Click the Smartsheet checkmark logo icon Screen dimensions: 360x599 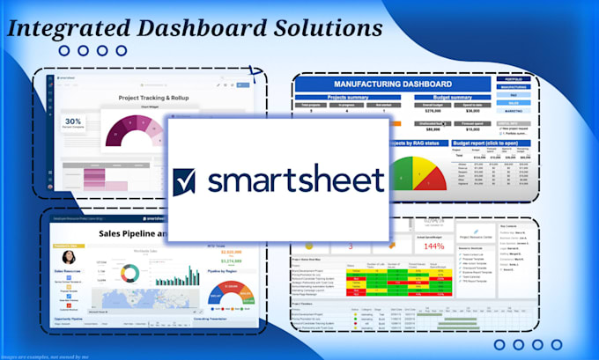187,180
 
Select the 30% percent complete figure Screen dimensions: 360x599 74,123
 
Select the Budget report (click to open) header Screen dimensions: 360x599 492,143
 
